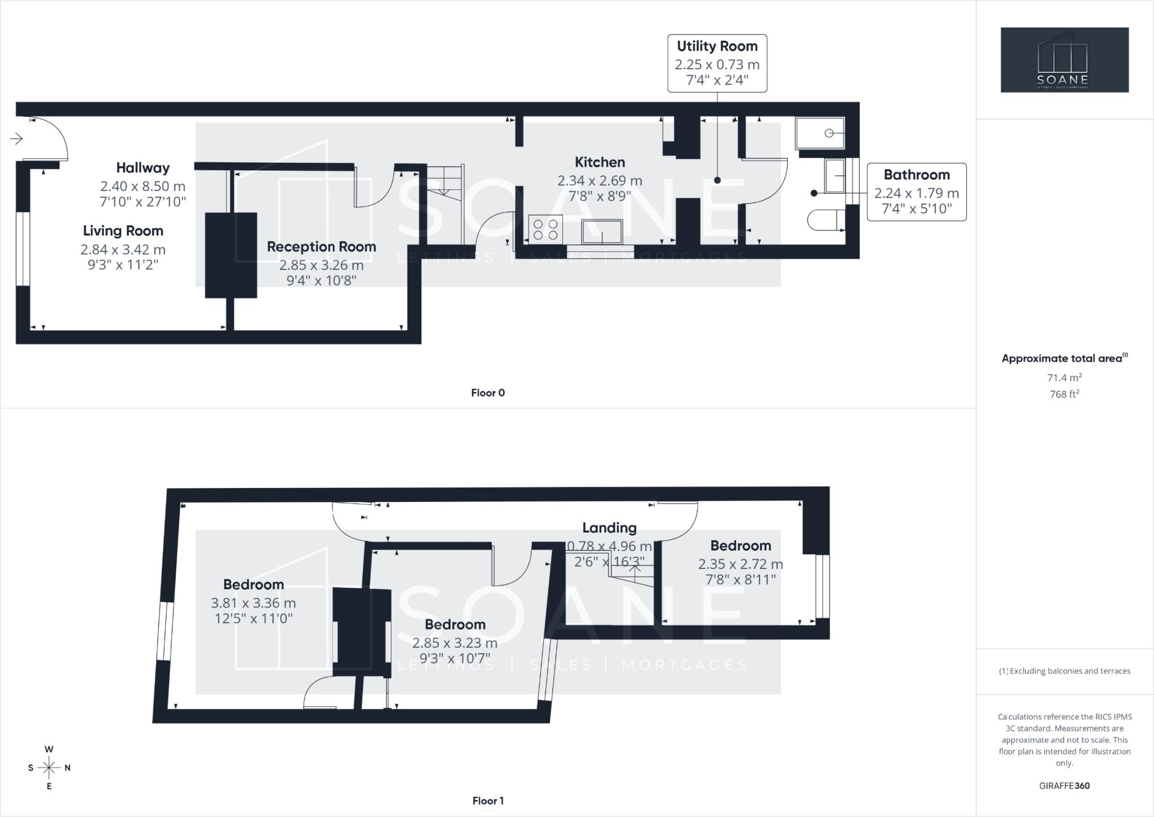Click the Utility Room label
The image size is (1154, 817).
(717, 46)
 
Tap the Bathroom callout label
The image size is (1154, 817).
(917, 175)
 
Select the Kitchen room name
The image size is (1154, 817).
(600, 162)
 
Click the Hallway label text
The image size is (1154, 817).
(143, 168)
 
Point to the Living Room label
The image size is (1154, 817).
(123, 231)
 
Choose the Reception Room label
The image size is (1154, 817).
(321, 247)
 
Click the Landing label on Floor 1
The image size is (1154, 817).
(609, 528)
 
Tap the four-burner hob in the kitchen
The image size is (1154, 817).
(545, 229)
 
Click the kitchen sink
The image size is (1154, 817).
(602, 232)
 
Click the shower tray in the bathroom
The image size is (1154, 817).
(820, 133)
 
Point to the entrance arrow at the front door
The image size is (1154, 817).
(16, 138)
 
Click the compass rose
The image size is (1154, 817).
(49, 767)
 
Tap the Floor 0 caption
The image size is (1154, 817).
(488, 393)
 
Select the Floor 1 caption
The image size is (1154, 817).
(488, 801)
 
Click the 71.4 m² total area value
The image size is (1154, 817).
(1064, 377)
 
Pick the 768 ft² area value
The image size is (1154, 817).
(1064, 394)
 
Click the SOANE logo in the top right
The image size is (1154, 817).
(1064, 60)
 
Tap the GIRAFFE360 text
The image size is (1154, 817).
(1064, 785)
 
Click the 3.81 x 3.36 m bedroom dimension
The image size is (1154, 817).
(254, 603)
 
